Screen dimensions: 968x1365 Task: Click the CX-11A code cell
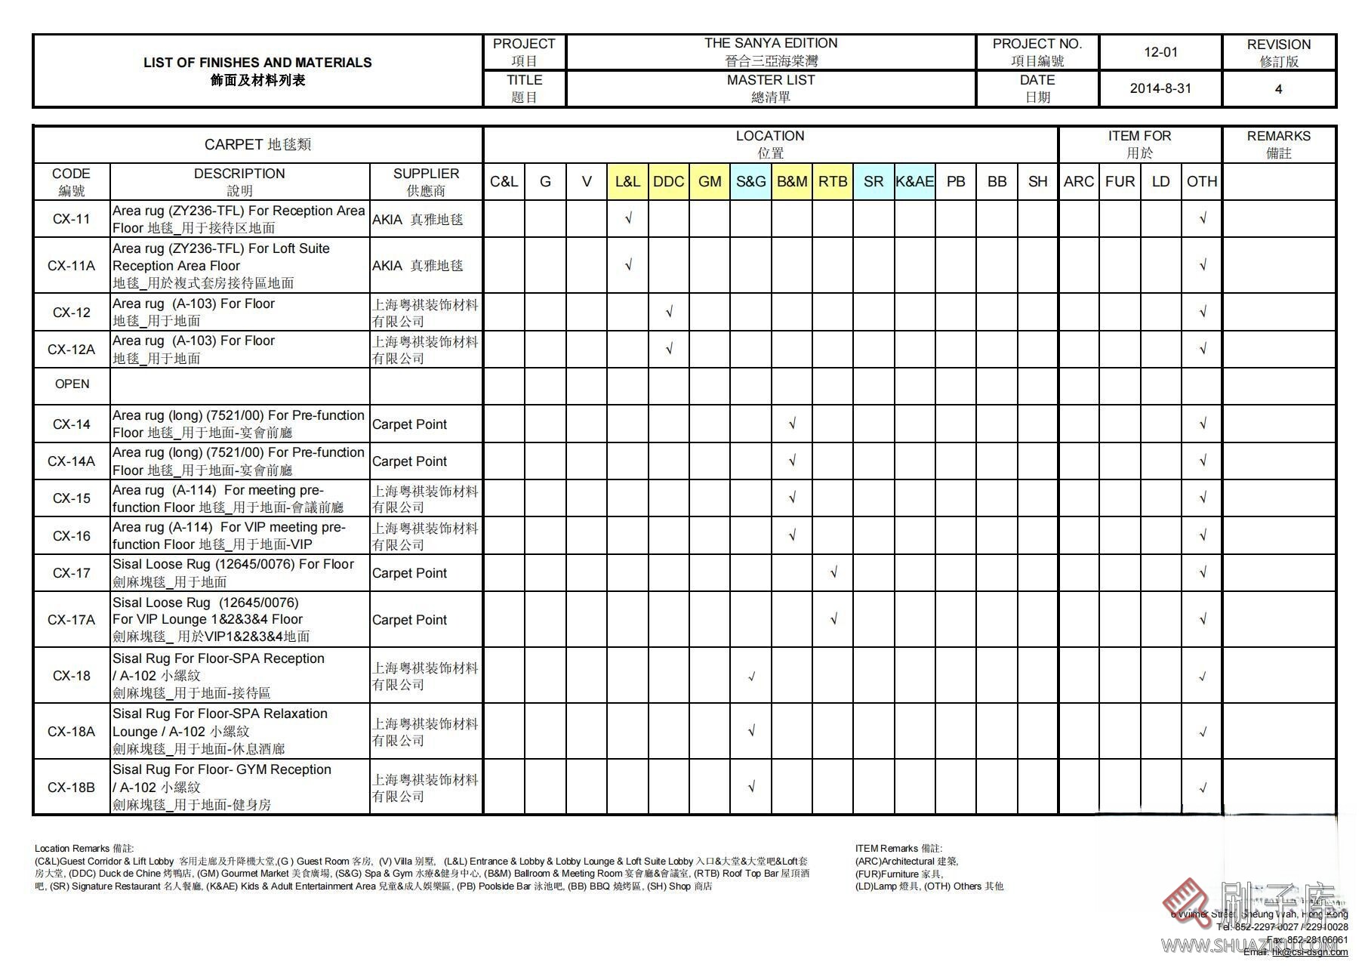click(72, 266)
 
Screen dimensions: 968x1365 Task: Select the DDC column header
click(668, 182)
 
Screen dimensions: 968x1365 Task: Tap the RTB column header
click(833, 182)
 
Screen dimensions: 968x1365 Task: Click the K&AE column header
click(914, 182)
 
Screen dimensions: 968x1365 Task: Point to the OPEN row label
click(72, 384)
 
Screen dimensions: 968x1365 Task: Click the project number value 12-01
click(1160, 52)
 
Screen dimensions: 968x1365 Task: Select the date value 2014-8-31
click(1160, 88)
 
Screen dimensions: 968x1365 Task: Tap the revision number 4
click(1278, 89)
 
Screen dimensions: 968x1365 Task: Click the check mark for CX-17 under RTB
click(833, 573)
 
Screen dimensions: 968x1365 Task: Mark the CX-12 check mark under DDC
click(669, 312)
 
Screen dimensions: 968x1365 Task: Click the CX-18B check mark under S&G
click(751, 788)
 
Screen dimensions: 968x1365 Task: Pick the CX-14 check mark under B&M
click(792, 424)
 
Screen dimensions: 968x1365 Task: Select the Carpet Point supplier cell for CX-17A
click(410, 620)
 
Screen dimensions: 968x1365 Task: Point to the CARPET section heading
click(257, 144)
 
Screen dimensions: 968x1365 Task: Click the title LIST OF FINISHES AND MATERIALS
click(257, 63)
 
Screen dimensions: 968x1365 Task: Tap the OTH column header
click(1201, 182)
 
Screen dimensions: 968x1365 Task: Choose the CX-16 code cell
click(72, 536)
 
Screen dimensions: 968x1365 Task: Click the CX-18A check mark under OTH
click(1203, 732)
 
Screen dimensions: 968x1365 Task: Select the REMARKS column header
click(1278, 143)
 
